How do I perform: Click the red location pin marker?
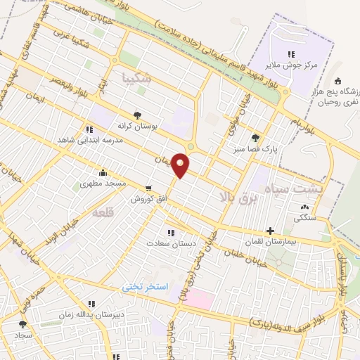click(181, 165)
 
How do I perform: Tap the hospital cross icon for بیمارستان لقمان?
click(271, 231)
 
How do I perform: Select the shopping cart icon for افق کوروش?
click(148, 188)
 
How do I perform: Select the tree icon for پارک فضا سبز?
click(255, 138)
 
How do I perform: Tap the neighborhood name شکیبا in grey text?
click(136, 77)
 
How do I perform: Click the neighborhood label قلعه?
click(102, 212)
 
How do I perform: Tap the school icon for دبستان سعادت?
click(170, 232)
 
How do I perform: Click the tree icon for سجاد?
click(22, 324)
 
